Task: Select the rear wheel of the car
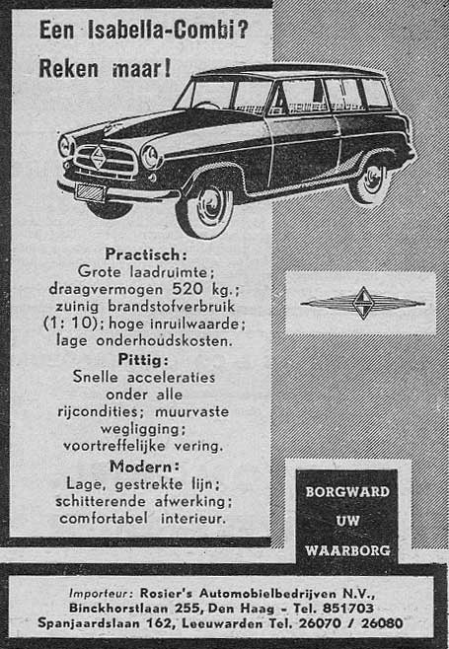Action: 371,180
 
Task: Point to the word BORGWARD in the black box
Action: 345,491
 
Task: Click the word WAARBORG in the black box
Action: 345,548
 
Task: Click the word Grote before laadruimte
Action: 99,271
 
